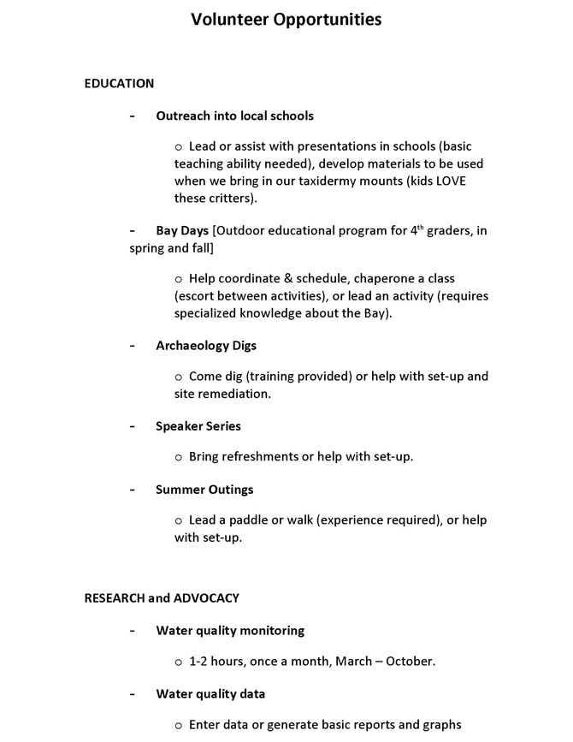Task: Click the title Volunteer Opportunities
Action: click(286, 19)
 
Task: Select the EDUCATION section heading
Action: click(119, 83)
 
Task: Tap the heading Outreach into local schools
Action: click(234, 116)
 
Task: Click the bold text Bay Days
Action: click(182, 230)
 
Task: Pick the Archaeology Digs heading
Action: click(205, 345)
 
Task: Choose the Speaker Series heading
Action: click(198, 425)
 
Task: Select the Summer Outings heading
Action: click(204, 489)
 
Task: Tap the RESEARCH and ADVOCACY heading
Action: click(162, 598)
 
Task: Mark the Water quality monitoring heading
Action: click(230, 630)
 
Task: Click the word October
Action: click(410, 661)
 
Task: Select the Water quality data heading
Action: click(210, 693)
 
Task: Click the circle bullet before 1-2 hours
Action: click(179, 662)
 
